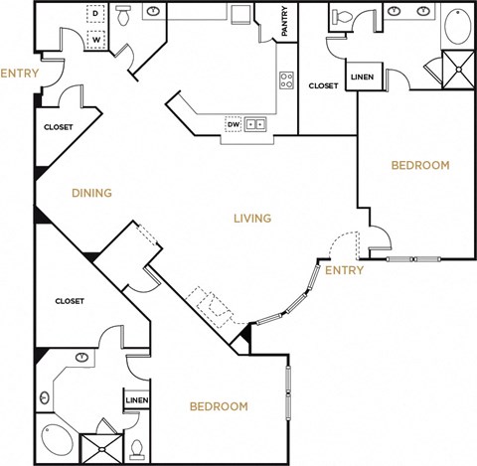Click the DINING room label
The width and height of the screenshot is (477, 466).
(90, 193)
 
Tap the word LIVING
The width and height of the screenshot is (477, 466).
(253, 219)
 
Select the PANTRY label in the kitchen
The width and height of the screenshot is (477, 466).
(284, 23)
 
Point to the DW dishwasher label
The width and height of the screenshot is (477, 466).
(233, 124)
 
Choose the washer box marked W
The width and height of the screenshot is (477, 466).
(97, 41)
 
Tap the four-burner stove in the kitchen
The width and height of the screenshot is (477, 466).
(286, 80)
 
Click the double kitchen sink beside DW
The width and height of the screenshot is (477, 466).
(255, 124)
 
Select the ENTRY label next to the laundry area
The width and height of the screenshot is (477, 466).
(19, 74)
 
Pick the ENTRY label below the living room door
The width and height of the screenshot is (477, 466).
(344, 270)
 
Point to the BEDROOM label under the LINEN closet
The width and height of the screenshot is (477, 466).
(418, 165)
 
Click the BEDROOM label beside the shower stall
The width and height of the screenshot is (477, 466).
(218, 406)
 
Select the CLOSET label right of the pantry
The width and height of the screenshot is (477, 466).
(323, 86)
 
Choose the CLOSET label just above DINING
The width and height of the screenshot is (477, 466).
(58, 127)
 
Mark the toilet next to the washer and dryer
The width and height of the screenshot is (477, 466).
(124, 16)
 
